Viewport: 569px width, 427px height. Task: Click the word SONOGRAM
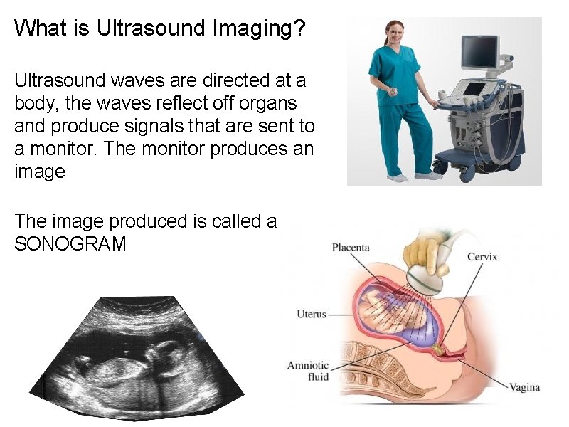click(70, 244)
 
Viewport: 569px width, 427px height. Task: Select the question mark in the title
click(299, 28)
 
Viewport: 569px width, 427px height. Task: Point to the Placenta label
click(351, 248)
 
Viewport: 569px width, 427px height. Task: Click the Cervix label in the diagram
click(482, 257)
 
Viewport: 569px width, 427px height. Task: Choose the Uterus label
click(312, 314)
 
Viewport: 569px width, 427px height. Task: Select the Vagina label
click(524, 388)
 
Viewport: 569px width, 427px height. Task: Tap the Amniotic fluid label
click(308, 371)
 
